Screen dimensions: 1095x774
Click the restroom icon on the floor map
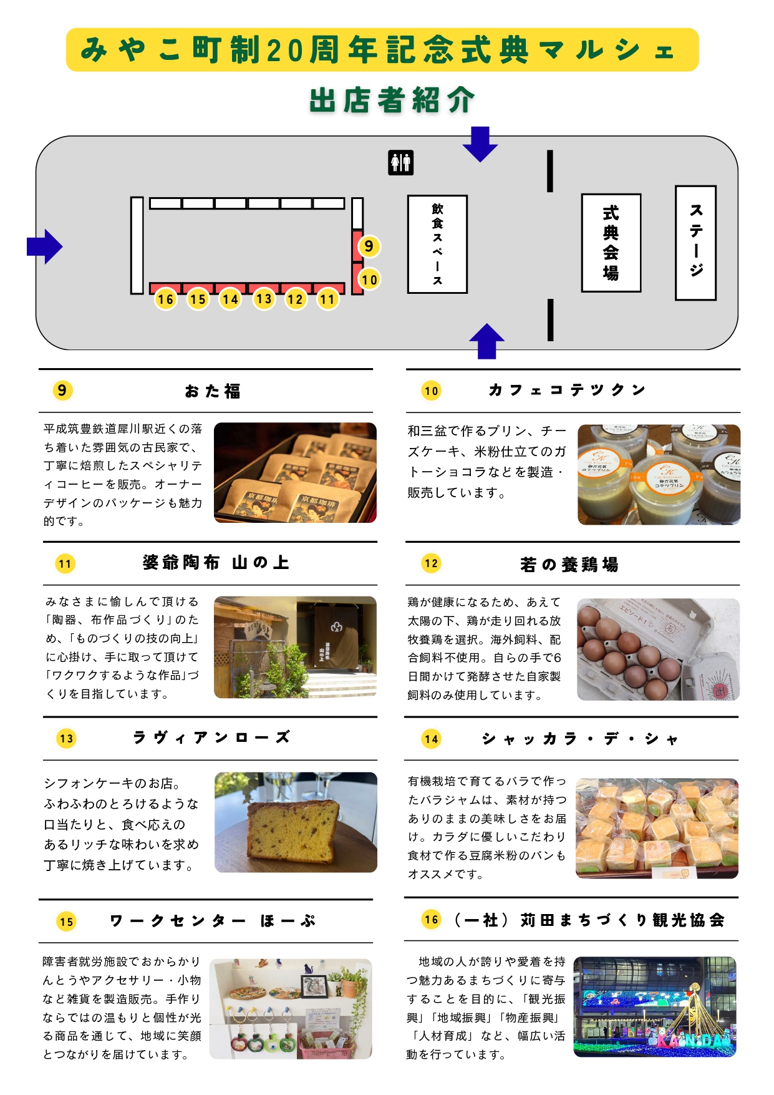[400, 163]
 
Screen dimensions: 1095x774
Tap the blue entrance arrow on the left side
[44, 246]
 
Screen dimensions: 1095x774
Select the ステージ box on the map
[695, 243]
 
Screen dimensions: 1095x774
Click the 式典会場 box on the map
[611, 243]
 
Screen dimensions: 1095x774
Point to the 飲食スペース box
[437, 244]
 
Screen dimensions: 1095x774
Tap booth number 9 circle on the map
[369, 246]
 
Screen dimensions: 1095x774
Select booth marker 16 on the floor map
[165, 299]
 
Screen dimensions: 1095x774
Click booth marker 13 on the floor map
[263, 299]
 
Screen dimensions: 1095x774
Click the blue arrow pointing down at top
[480, 144]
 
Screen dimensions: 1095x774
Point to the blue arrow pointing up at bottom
[486, 341]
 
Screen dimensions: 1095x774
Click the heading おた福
[213, 391]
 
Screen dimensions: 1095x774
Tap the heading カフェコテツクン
[566, 391]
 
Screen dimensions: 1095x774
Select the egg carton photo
[658, 650]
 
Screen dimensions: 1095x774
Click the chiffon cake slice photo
[296, 822]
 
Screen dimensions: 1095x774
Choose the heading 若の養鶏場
[569, 565]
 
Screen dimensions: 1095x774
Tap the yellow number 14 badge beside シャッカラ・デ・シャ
[432, 739]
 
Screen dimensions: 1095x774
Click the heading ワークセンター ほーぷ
[212, 921]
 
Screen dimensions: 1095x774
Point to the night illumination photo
[655, 1006]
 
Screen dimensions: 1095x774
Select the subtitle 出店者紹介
[392, 100]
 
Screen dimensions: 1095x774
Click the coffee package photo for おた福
[295, 473]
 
